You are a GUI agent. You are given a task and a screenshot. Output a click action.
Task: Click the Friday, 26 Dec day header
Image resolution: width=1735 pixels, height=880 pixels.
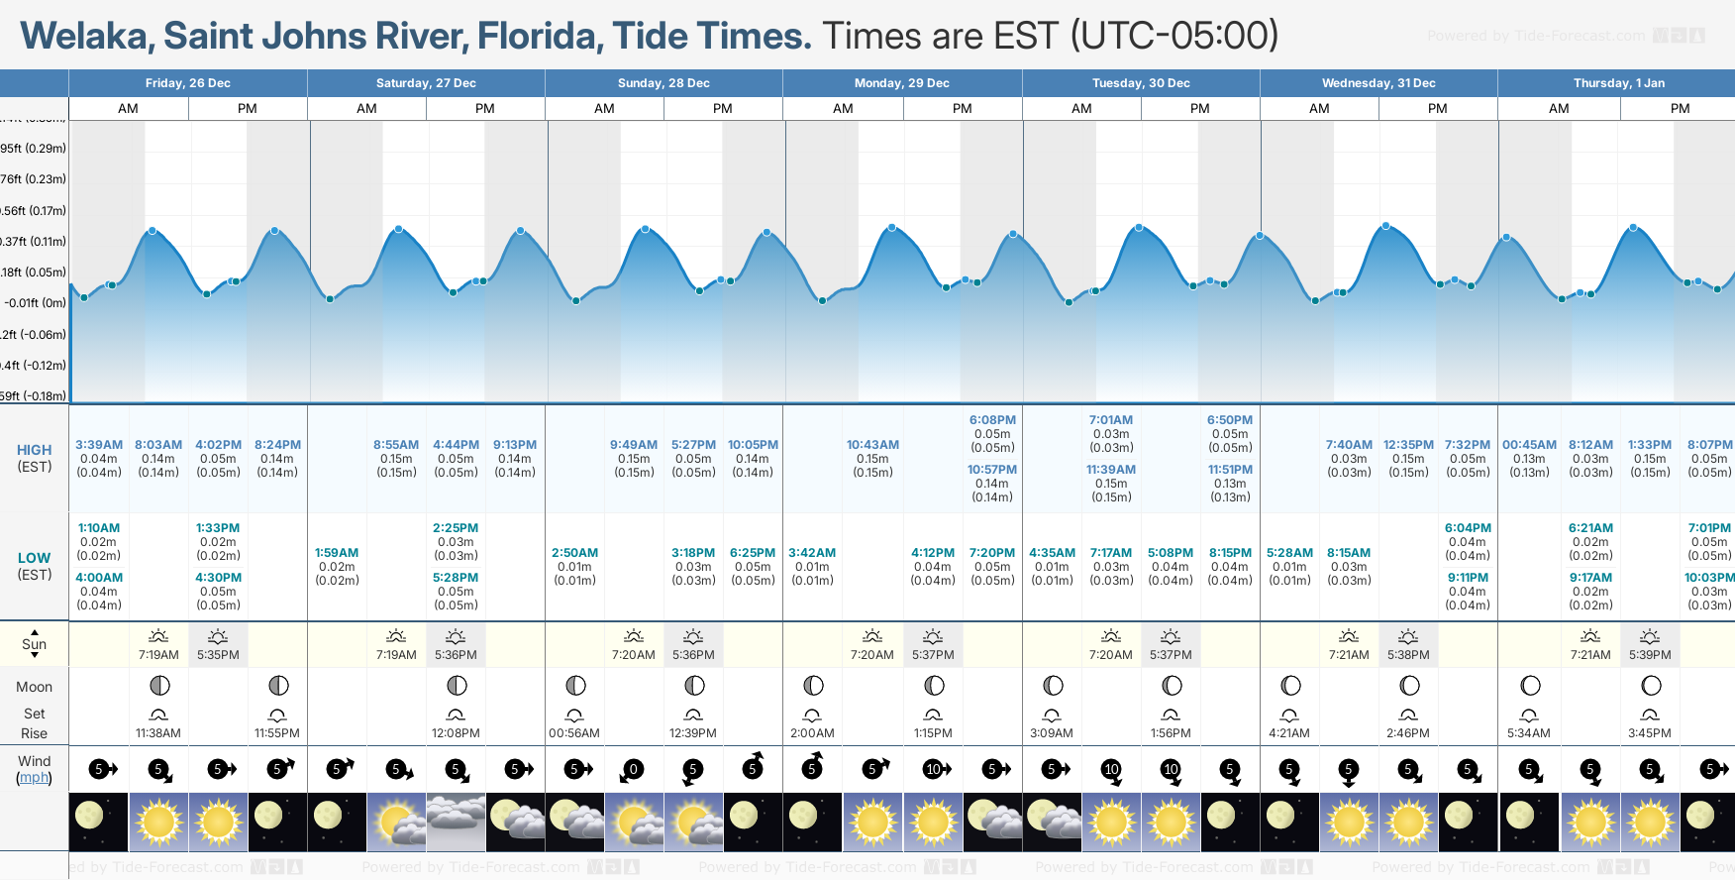188,83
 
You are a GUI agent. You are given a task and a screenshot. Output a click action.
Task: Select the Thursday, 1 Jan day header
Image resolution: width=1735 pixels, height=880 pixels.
1618,83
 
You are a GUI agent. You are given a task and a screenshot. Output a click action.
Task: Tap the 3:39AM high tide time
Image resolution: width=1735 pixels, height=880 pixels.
99,445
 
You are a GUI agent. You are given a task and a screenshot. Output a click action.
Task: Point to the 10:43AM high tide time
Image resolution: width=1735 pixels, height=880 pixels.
872,445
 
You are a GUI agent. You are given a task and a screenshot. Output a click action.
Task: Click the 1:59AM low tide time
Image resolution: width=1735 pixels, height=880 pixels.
337,553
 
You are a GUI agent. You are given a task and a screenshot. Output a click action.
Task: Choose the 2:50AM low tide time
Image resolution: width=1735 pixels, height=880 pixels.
574,553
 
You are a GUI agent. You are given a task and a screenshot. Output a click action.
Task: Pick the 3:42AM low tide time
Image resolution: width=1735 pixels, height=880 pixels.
812,553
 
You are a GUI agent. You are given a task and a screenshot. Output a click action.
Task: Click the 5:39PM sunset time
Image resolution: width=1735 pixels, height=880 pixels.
1649,655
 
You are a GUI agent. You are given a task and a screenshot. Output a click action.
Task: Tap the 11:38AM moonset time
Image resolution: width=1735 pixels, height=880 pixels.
158,733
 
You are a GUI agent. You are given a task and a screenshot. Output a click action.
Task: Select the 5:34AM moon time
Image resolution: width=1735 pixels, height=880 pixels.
1529,733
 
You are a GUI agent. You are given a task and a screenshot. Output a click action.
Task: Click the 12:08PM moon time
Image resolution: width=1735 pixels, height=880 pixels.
456,733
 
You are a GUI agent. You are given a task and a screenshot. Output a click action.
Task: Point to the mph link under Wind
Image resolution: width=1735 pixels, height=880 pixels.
35,778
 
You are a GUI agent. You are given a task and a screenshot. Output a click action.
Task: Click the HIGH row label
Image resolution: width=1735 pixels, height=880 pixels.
35,450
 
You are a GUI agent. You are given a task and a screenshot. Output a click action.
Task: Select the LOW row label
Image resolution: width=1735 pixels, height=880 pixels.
35,558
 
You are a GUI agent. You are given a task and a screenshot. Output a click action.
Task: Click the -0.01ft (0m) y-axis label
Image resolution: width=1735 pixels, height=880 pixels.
35,303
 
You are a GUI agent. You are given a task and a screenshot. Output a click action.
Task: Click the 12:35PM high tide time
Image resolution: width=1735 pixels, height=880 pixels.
1408,445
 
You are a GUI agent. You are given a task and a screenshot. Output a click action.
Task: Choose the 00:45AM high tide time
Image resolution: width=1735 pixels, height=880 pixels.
1529,445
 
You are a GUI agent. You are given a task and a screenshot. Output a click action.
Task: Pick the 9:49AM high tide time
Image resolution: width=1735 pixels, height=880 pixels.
634,445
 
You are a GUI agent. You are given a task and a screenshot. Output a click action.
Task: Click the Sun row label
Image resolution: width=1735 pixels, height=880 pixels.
35,644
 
